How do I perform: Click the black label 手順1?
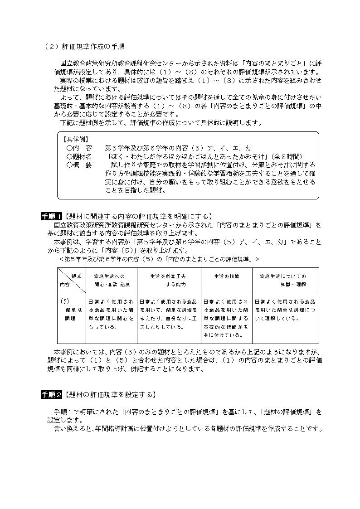point(52,216)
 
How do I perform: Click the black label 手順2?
point(52,395)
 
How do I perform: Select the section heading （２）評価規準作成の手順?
point(85,46)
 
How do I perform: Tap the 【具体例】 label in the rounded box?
point(76,140)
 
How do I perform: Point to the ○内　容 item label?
point(79,148)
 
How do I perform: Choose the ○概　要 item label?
point(79,165)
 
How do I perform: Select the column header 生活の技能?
point(226,276)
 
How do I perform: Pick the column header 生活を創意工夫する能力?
point(169,280)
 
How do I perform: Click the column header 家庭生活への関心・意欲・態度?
point(112,280)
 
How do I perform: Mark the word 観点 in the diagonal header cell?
point(76,276)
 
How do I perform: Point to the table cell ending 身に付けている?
point(226,318)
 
